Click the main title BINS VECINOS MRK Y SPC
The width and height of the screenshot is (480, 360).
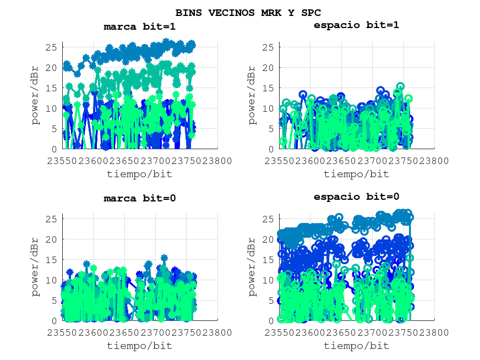coord(248,13)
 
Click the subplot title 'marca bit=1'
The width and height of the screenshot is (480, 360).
coord(140,26)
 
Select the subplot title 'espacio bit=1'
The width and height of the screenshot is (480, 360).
coord(356,25)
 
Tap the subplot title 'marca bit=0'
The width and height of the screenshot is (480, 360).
coord(140,198)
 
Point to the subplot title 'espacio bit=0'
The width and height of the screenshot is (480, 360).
coord(356,197)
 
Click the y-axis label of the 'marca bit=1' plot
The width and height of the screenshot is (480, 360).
coord(36,96)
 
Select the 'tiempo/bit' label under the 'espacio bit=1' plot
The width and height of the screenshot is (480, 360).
coord(356,174)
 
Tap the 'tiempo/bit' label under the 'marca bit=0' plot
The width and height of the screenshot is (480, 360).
coord(139,346)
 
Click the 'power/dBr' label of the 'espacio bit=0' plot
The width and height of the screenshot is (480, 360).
coord(253,268)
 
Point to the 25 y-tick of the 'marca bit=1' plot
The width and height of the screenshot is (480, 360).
coord(52,47)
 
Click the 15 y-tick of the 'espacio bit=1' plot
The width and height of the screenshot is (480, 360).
coord(269,88)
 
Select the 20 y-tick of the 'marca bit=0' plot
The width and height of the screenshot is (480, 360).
coord(52,239)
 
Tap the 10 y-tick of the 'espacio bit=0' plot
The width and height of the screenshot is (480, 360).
coord(269,280)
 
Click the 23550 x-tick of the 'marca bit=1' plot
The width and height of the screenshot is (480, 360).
coord(62,161)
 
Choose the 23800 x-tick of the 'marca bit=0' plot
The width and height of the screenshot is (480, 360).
coord(217,332)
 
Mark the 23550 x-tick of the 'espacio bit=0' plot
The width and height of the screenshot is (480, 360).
coord(280,332)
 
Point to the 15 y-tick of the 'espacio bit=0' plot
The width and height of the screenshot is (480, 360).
coord(269,260)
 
